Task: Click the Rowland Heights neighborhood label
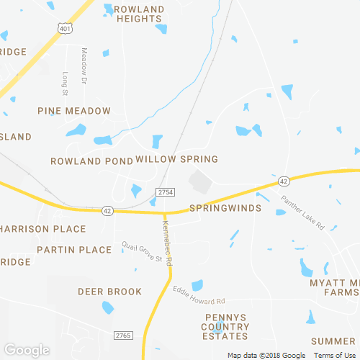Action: click(x=140, y=14)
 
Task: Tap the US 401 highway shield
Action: click(x=64, y=28)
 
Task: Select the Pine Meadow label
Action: click(x=75, y=111)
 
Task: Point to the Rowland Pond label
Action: click(x=92, y=160)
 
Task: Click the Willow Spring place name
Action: click(x=176, y=158)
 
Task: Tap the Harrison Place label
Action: click(x=43, y=229)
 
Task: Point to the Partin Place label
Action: click(x=75, y=250)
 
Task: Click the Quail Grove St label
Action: click(x=143, y=253)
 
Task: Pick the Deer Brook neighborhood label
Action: click(x=110, y=292)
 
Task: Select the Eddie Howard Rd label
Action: click(x=199, y=295)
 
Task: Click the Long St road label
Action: click(x=65, y=84)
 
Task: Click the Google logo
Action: click(x=25, y=351)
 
